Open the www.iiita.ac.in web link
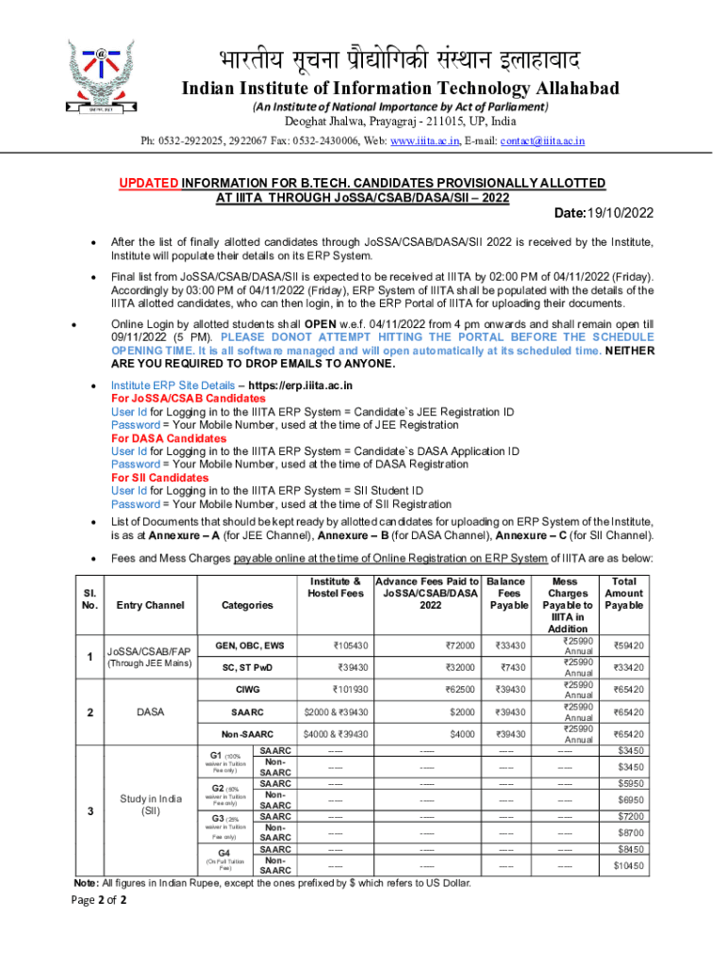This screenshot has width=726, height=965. click(x=425, y=140)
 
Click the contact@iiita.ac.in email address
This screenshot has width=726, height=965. click(x=542, y=140)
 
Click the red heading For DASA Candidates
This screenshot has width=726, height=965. click(x=169, y=438)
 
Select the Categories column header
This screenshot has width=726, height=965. click(x=247, y=605)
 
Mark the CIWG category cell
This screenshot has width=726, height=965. click(x=247, y=690)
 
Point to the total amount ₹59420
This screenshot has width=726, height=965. click(x=628, y=646)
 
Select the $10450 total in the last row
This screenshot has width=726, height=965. click(x=628, y=865)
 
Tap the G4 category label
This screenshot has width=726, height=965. click(x=224, y=853)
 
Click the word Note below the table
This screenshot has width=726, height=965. click(x=86, y=883)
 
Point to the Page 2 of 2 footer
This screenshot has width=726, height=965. click(x=99, y=900)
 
